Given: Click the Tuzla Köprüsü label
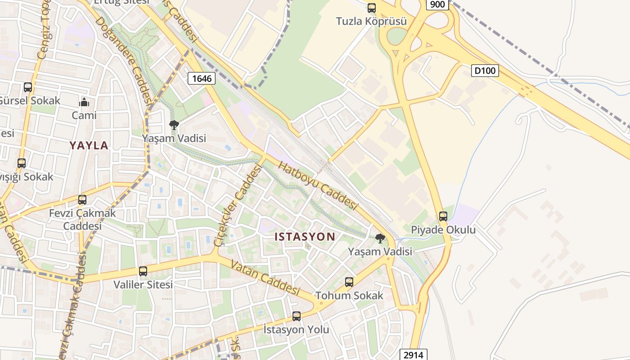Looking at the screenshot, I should click(371, 21).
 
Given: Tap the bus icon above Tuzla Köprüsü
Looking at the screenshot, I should click(371, 8).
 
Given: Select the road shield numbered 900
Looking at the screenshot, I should click(437, 4).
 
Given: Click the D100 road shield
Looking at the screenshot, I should click(485, 70).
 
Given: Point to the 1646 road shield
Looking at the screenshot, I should click(201, 78).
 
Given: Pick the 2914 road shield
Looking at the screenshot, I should click(413, 355).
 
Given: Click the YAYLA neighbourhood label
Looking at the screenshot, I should click(89, 145).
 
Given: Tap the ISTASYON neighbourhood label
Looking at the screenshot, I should click(305, 237).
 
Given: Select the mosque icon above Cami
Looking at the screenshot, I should click(84, 103).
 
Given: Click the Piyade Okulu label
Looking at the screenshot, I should click(443, 230).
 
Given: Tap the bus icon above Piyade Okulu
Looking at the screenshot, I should click(443, 216).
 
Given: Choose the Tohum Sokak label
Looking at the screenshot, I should click(349, 296).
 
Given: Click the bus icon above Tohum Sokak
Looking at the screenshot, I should click(349, 282).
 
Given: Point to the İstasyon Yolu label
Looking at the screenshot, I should click(296, 329).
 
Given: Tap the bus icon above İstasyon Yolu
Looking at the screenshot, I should click(296, 316).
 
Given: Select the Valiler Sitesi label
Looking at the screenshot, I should click(143, 284).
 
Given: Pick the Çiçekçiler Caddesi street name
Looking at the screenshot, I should click(238, 205).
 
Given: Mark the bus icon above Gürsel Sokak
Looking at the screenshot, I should click(28, 87).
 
